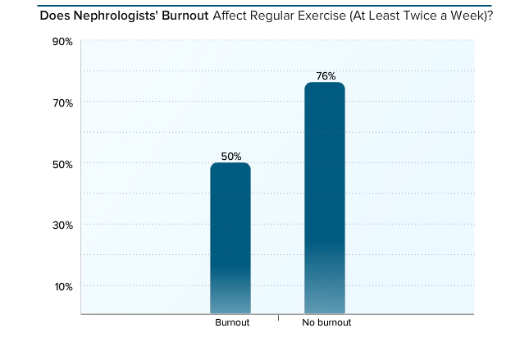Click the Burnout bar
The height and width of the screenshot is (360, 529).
(x=230, y=238)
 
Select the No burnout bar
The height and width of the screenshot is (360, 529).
(x=324, y=198)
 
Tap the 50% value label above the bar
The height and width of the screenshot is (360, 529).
(x=230, y=156)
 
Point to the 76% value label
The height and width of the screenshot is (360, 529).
(x=326, y=76)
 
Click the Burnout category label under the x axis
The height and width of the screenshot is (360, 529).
(x=232, y=323)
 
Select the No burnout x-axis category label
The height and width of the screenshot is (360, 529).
(x=326, y=323)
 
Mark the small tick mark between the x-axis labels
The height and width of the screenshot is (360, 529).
(x=278, y=317)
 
